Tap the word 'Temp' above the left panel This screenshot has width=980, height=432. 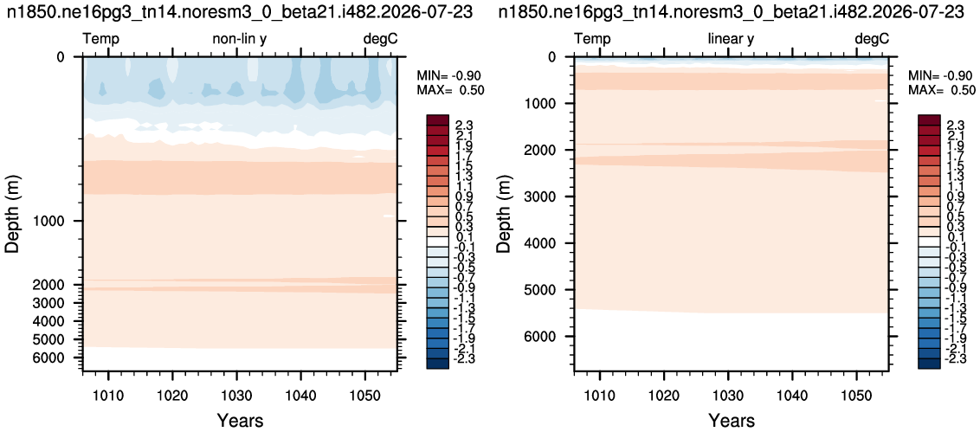101,40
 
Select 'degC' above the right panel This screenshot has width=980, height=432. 871,40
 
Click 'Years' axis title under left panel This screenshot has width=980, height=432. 240,420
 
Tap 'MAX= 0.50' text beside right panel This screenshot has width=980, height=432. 942,90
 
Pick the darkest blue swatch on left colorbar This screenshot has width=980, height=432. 437,364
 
